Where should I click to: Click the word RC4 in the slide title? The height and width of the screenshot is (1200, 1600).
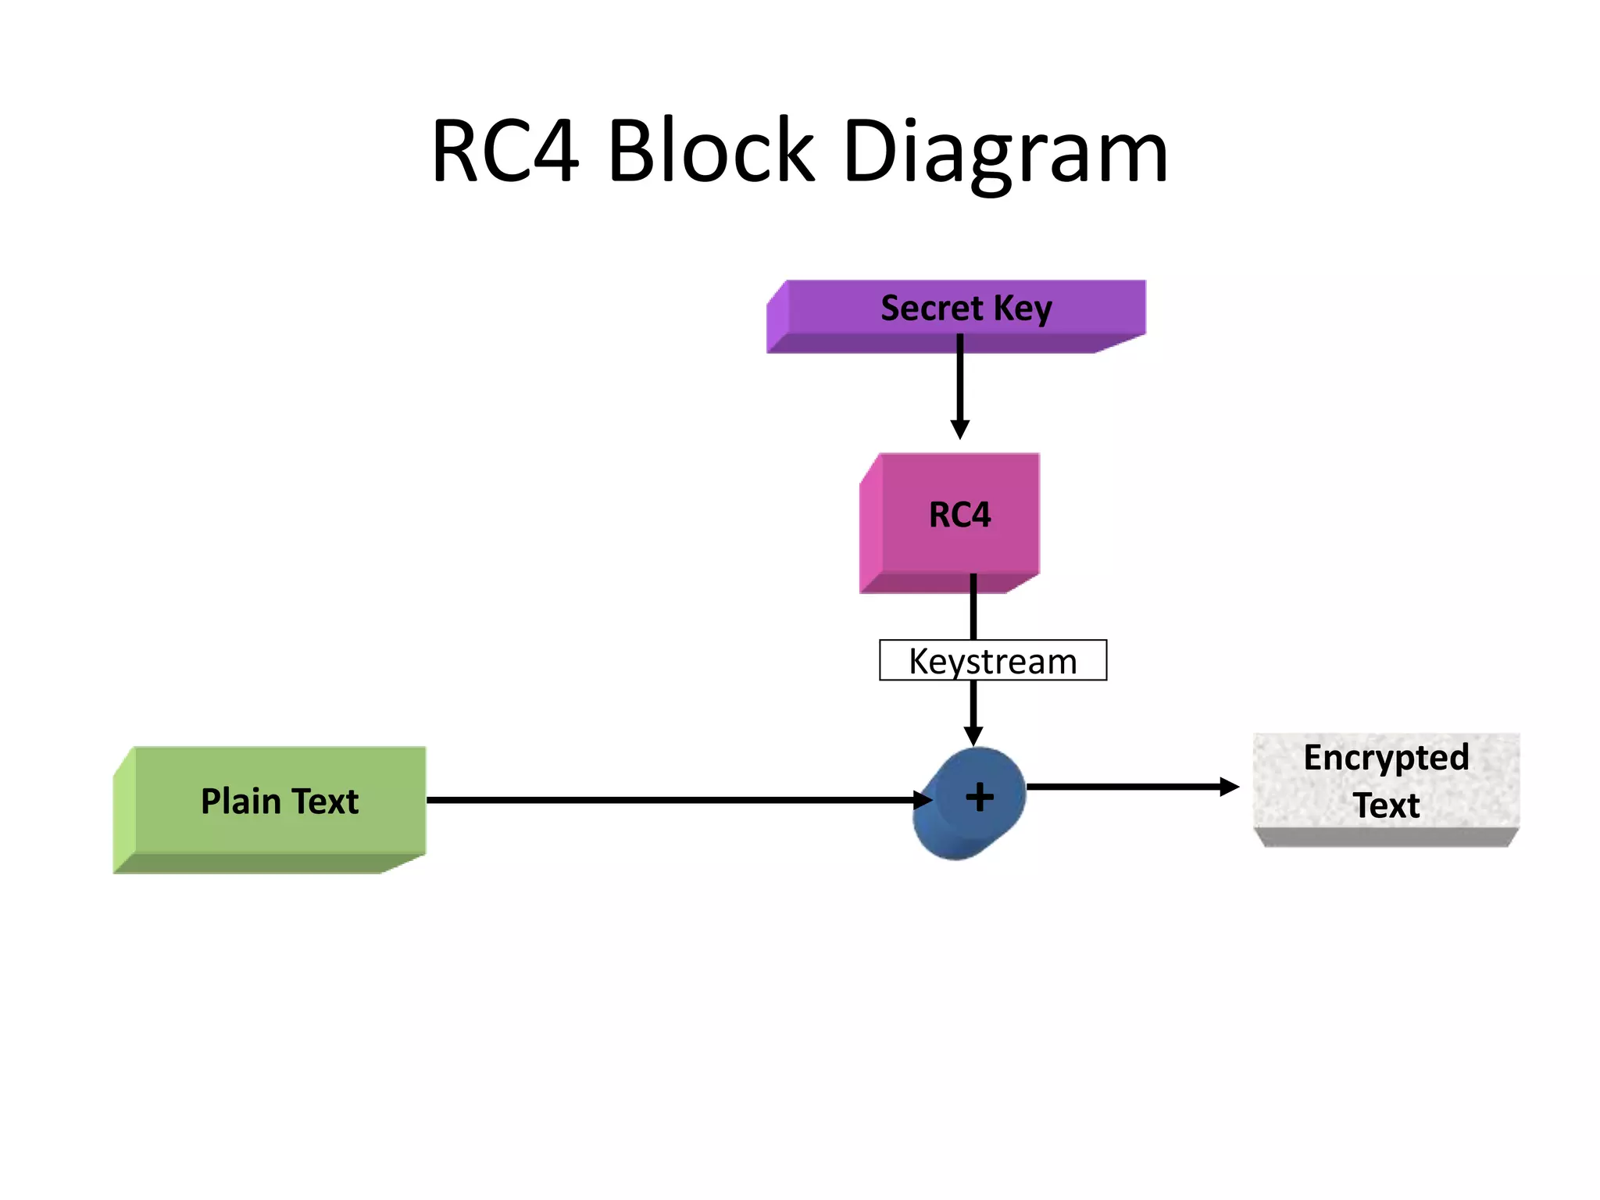505,151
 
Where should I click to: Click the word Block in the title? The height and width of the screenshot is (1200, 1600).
711,151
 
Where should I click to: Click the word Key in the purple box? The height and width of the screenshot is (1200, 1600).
1023,309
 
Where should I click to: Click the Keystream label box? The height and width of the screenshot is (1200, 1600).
992,661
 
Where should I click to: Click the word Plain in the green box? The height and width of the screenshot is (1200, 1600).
240,802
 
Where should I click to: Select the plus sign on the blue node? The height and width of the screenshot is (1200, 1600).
980,798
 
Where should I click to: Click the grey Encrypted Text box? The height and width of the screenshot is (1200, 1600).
1386,785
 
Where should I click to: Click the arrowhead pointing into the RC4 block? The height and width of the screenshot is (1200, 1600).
960,430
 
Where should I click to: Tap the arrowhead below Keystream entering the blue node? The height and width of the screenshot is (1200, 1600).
973,736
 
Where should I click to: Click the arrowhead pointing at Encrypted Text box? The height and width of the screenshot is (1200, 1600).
1229,787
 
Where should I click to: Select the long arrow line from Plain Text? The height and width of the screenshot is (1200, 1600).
664,800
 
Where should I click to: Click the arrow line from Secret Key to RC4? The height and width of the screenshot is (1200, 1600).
960,383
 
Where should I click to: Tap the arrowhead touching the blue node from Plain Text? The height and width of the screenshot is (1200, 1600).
923,800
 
